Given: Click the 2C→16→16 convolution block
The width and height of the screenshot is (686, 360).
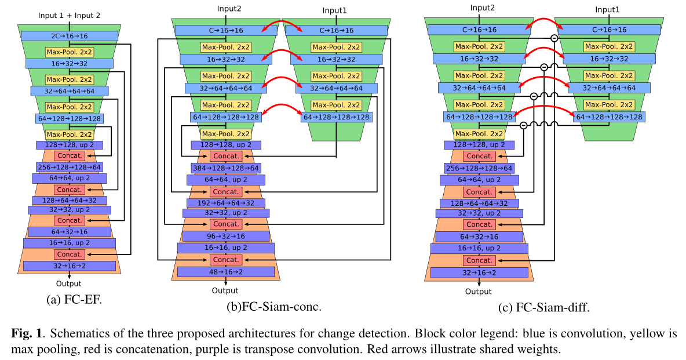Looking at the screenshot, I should [69, 36].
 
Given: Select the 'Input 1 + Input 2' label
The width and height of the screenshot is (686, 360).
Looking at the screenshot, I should [70, 16].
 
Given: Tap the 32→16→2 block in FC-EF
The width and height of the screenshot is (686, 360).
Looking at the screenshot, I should [69, 266].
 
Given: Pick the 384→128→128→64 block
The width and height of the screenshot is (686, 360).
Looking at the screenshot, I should [226, 168].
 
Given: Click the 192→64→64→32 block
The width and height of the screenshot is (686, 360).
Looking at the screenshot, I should [226, 203].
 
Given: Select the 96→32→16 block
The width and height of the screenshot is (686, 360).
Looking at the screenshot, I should [225, 236].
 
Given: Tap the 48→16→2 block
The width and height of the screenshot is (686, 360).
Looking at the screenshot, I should [225, 271].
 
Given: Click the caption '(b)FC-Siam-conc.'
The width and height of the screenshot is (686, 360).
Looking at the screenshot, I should [273, 307].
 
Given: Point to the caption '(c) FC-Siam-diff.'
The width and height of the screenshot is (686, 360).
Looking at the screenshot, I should [543, 308].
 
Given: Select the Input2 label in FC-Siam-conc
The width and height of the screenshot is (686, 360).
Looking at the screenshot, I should [230, 8].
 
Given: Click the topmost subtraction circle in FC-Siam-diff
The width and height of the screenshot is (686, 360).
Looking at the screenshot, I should [554, 38].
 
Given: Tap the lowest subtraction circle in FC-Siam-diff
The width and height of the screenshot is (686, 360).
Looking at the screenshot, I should [523, 125].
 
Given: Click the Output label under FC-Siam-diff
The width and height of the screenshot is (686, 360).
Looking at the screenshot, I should [478, 292].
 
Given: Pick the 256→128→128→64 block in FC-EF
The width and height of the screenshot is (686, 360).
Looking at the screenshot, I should [69, 167].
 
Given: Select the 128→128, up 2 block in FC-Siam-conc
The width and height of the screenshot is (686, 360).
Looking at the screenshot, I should [225, 145].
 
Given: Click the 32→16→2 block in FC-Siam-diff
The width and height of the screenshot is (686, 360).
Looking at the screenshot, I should [479, 272].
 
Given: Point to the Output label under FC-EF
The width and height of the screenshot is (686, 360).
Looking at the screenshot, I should [69, 283].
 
